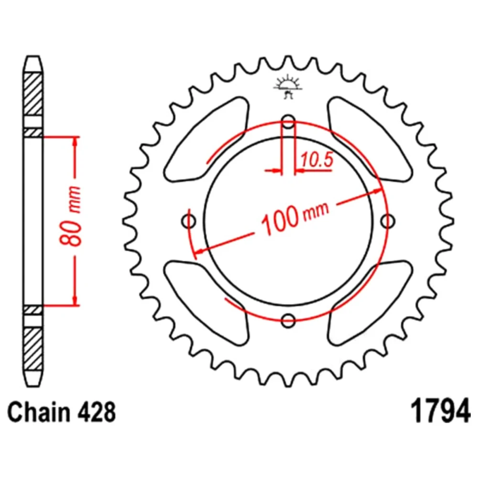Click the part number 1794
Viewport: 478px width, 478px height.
click(x=441, y=411)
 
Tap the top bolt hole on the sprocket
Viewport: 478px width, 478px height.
click(x=288, y=121)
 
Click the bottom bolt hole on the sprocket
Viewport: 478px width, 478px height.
click(x=288, y=320)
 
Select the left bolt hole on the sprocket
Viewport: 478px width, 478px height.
click(x=189, y=221)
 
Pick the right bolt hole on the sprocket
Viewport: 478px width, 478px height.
click(x=388, y=221)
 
